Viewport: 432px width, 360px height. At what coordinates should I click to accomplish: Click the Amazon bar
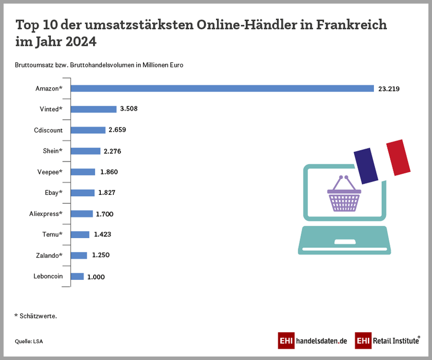222,88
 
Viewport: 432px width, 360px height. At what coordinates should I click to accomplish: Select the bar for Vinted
93,109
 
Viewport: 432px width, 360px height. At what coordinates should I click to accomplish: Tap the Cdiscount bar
87,130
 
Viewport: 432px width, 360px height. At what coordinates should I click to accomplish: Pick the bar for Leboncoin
77,277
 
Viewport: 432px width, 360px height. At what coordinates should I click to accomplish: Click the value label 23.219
389,88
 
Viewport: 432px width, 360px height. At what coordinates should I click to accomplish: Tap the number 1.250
101,256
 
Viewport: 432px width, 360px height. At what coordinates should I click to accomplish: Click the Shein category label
52,151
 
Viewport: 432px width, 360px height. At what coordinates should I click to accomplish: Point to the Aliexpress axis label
46,214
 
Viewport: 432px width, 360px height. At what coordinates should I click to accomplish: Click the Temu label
52,235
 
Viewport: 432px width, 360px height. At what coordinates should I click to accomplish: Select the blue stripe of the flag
365,165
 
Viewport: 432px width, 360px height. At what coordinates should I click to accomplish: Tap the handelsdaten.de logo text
321,341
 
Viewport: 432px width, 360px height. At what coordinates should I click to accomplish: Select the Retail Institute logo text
394,341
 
